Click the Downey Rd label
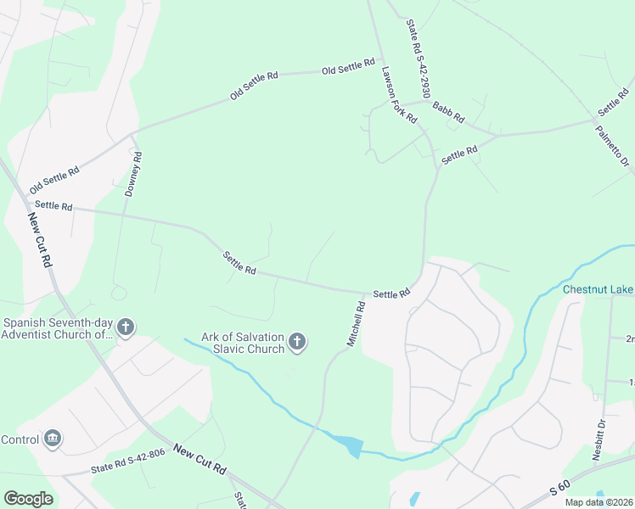133,174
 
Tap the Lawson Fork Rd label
399,96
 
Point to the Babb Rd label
449,110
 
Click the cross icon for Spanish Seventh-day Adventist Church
126,327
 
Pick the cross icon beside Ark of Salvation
297,342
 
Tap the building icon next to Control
53,438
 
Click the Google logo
28,499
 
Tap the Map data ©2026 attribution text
598,502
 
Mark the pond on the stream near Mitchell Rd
349,445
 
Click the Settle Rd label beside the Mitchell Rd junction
391,294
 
